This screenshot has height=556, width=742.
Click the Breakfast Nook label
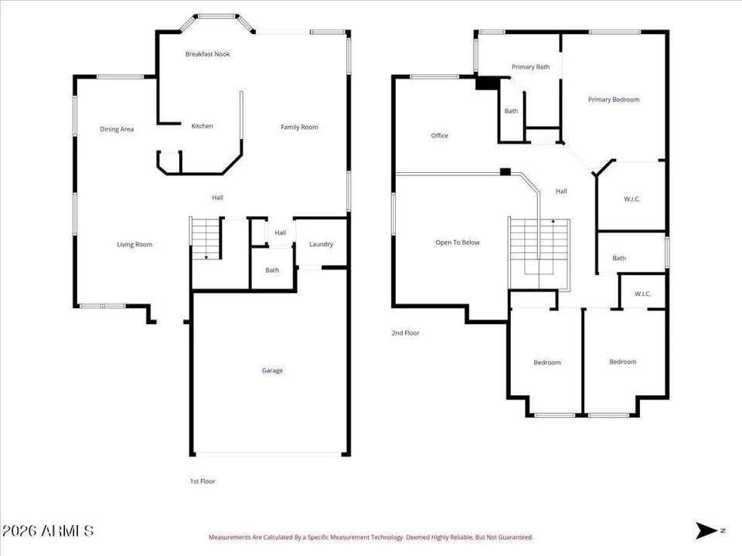(x=207, y=54)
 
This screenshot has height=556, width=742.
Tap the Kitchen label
(x=202, y=126)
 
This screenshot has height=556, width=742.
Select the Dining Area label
(x=117, y=129)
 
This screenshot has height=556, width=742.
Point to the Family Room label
(x=299, y=127)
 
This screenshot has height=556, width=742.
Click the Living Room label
(x=134, y=245)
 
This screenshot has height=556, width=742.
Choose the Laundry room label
(x=321, y=245)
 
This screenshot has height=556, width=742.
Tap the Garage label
(x=272, y=371)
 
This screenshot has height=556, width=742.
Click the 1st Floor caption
(x=203, y=481)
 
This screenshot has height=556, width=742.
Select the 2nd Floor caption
(x=405, y=333)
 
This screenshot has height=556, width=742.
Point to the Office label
(x=439, y=136)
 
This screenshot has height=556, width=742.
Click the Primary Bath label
(x=530, y=67)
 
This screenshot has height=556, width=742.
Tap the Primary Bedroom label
(x=614, y=100)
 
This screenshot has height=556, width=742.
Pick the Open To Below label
(x=458, y=242)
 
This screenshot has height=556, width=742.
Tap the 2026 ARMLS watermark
(x=48, y=531)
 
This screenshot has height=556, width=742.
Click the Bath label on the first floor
(x=272, y=270)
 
